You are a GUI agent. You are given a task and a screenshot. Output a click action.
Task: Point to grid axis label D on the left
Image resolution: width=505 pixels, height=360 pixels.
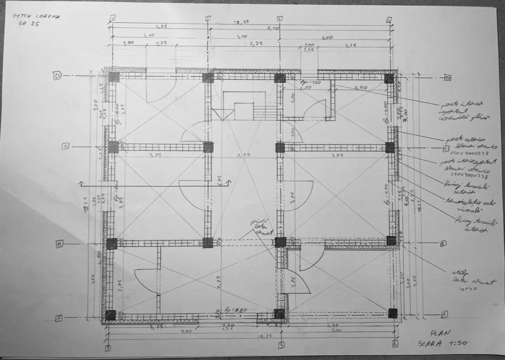pyautogui.click(x=57, y=76)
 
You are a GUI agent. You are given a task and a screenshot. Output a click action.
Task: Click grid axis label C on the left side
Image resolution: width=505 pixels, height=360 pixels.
pyautogui.click(x=66, y=146)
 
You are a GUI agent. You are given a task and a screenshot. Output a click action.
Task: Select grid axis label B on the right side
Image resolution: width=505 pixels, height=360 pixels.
pyautogui.click(x=443, y=243)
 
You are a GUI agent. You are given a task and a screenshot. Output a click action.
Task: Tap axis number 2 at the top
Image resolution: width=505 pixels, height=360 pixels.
pyautogui.click(x=207, y=19)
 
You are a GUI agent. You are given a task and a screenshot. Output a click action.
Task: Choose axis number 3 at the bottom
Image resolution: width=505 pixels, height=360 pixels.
pyautogui.click(x=281, y=345)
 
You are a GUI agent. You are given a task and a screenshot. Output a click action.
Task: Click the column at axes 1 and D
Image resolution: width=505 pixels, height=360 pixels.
pyautogui.click(x=113, y=77)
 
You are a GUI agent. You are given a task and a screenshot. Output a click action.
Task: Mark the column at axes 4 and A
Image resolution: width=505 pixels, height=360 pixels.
pyautogui.click(x=393, y=313)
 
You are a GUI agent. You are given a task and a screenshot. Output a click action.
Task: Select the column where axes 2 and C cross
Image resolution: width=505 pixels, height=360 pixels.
pyautogui.click(x=208, y=147)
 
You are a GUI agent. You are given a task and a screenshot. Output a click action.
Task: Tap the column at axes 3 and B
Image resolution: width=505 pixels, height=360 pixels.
pyautogui.click(x=280, y=242)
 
